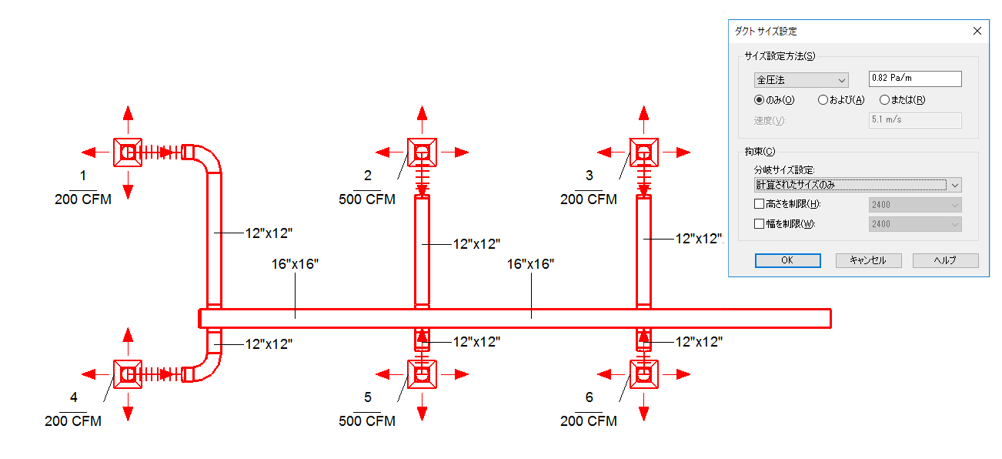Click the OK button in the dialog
click(x=787, y=260)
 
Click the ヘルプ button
click(x=945, y=260)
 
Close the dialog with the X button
click(x=977, y=31)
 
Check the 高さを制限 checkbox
click(x=760, y=204)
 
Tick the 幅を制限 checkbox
click(x=760, y=224)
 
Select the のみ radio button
click(x=760, y=99)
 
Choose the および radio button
click(x=823, y=99)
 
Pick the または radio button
click(x=884, y=99)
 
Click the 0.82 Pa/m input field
click(x=914, y=79)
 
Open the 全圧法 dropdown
click(x=801, y=79)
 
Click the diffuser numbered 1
click(x=128, y=152)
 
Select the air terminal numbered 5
click(x=422, y=374)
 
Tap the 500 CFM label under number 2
click(x=367, y=199)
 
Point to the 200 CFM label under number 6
click(x=589, y=421)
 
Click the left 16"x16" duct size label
click(x=295, y=264)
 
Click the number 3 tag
click(x=590, y=175)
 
